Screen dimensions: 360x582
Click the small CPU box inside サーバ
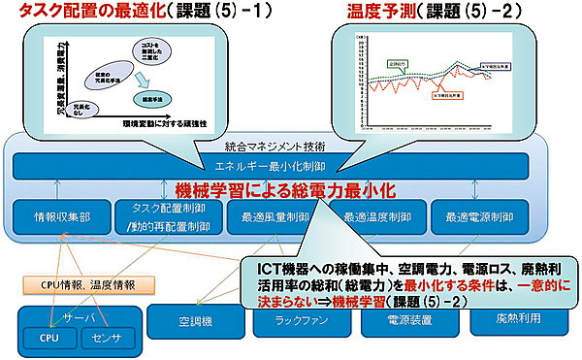(48, 339)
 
